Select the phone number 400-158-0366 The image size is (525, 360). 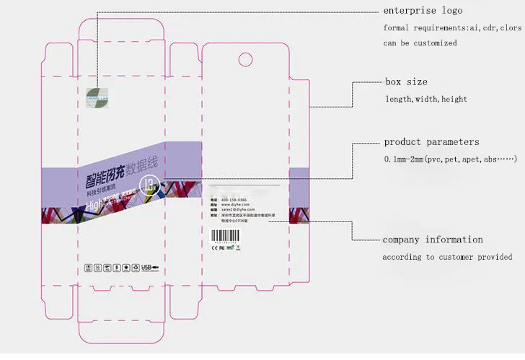234,199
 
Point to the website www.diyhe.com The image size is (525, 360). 234,205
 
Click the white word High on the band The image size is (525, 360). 97,206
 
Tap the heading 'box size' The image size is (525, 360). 405,82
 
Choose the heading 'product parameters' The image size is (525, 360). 431,142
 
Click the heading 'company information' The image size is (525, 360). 433,240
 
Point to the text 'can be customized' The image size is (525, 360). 420,43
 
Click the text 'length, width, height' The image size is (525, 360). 425,99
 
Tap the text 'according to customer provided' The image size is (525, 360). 448,257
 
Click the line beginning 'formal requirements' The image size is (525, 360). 451,27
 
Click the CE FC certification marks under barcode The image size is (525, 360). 217,247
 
